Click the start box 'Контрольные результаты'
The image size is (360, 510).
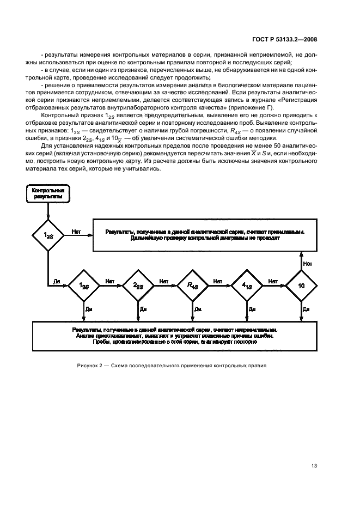click(x=48, y=194)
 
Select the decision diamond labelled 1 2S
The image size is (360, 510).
click(x=48, y=234)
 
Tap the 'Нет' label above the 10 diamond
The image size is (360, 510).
click(x=308, y=263)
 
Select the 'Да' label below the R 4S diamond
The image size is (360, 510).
click(x=198, y=309)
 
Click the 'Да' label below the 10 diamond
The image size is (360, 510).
click(x=307, y=309)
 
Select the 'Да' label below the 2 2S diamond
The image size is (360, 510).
click(x=143, y=309)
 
